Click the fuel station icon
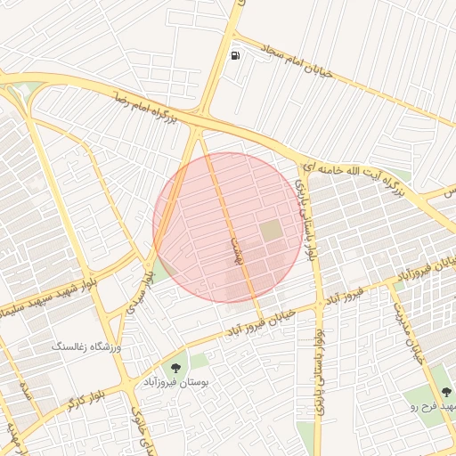click(235, 55)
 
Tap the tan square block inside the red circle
click(272, 231)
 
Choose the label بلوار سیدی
click(146, 286)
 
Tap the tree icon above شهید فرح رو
click(446, 392)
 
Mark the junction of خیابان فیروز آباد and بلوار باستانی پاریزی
click(320, 305)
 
